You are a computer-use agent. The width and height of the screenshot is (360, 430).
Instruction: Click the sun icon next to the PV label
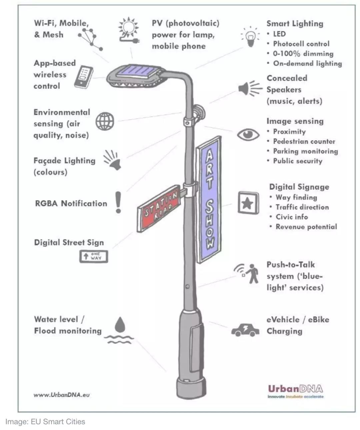129,28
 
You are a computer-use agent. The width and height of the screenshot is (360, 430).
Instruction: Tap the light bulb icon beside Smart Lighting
250,37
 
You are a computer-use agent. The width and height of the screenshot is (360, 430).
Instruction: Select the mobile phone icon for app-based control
84,77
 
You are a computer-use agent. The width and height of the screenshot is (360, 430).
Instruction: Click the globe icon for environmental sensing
105,121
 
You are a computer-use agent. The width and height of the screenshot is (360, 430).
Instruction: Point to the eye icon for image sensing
248,135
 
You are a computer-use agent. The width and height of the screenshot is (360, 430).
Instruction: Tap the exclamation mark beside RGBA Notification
118,202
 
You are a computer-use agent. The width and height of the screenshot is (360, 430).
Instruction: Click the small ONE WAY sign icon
94,257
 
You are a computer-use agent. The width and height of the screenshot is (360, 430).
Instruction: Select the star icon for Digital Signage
248,203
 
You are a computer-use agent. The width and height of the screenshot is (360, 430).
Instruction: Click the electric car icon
245,330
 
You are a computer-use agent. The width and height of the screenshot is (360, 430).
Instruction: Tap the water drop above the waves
120,325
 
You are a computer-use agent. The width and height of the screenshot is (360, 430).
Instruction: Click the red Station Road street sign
158,208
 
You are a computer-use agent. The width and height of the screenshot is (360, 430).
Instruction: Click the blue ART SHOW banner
209,199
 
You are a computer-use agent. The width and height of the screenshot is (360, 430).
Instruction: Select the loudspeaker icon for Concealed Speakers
250,88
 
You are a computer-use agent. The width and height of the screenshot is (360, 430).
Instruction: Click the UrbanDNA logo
296,391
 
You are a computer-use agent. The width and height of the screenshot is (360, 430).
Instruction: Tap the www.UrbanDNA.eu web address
62,395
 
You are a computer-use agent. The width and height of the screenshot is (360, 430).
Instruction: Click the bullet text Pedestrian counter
304,141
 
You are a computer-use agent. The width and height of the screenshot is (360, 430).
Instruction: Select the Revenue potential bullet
306,227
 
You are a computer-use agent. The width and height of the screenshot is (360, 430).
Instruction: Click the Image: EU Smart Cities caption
45,422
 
